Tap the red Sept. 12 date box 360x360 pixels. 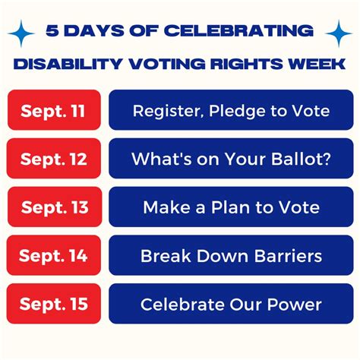tap(52, 159)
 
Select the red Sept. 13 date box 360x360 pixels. tap(52, 207)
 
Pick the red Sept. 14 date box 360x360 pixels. tap(52, 256)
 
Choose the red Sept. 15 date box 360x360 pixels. tap(52, 305)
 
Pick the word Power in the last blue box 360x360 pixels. tap(296, 305)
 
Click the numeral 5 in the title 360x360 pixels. tap(52, 32)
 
